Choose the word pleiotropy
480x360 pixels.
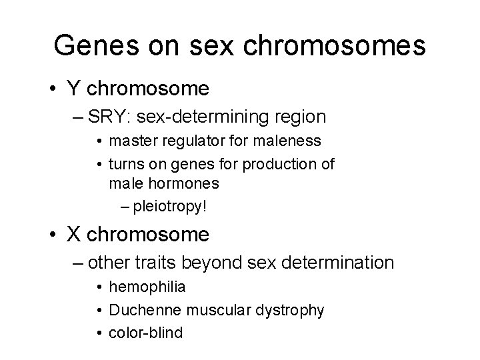169,206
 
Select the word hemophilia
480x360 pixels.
147,287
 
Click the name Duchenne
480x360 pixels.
140,310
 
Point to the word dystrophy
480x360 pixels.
291,310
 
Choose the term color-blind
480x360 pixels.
145,332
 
